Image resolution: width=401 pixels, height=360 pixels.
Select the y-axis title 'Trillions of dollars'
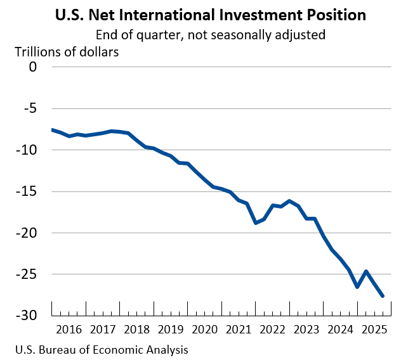click(67, 51)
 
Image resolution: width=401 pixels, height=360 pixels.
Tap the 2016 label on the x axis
click(69, 330)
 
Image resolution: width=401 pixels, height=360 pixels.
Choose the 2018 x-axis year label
click(136, 330)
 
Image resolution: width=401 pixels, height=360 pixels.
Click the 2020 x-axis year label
click(205, 330)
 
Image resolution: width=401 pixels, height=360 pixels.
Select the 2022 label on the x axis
click(273, 330)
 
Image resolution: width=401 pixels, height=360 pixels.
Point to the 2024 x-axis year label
click(341, 330)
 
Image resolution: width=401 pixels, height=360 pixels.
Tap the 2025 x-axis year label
click(375, 330)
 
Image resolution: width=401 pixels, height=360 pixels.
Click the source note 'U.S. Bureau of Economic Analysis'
click(93, 349)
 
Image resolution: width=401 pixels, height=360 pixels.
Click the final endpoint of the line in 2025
click(383, 295)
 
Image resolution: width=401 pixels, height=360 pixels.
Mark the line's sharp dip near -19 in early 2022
click(256, 222)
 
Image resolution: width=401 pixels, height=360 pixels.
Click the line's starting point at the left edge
click(52, 129)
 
